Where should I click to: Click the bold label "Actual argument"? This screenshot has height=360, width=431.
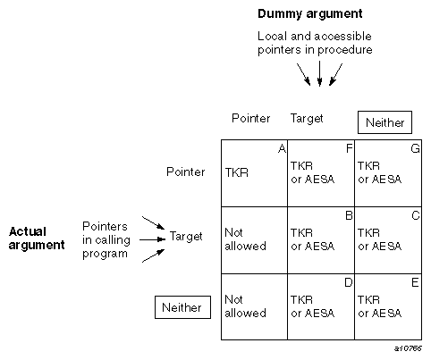[x=37, y=238]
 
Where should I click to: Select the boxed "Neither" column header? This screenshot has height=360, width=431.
[x=384, y=122]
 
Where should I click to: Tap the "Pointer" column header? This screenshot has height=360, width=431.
[x=250, y=118]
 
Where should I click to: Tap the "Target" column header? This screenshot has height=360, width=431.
[x=307, y=118]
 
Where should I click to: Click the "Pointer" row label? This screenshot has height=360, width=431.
[x=186, y=172]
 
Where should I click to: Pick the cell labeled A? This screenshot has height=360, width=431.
[x=254, y=172]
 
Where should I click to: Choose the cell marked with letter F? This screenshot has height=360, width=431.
[x=320, y=172]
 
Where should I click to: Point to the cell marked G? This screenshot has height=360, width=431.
[x=388, y=172]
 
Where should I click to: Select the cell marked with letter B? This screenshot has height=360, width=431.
[x=320, y=239]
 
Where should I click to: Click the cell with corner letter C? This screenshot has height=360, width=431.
[x=388, y=239]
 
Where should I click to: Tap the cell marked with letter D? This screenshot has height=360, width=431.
[x=320, y=306]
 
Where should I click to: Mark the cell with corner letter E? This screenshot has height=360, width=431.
[x=388, y=306]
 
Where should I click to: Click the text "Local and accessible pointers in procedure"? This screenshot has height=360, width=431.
[x=314, y=43]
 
